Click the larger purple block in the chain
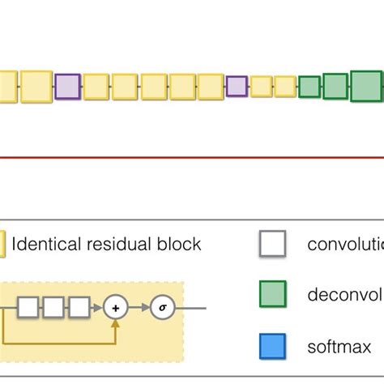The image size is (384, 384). [x=67, y=87]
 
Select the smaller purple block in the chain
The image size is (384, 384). [x=236, y=86]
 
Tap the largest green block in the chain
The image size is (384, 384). [x=366, y=86]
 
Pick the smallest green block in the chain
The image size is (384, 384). [x=309, y=86]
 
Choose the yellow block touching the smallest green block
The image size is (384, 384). [x=285, y=86]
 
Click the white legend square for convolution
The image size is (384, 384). [x=272, y=245]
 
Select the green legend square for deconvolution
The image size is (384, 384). [x=272, y=294]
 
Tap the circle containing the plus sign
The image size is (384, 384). [x=116, y=308]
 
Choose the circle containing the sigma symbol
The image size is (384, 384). [x=162, y=308]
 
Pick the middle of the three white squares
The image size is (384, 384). [x=53, y=308]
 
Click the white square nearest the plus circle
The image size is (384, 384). [x=79, y=308]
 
